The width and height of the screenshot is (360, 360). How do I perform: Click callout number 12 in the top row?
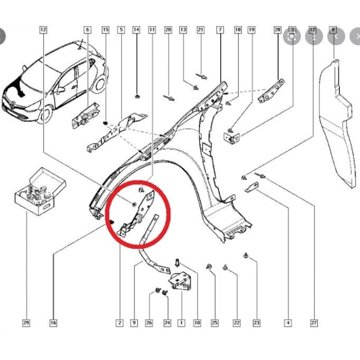click(43, 30)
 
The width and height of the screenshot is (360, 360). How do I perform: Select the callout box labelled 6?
click(87, 30)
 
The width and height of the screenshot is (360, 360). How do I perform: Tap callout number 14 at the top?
click(136, 30)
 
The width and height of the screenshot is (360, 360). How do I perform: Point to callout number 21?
click(201, 30)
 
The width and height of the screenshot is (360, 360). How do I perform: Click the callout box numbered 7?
click(220, 30)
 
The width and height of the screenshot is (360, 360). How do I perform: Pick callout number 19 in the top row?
click(251, 30)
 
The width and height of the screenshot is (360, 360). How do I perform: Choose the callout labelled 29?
click(26, 323)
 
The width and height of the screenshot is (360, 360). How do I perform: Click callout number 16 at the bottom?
click(53, 323)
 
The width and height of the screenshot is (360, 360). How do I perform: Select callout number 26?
click(149, 323)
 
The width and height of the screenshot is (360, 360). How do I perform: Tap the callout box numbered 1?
click(181, 323)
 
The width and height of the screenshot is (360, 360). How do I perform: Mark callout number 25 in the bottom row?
click(214, 323)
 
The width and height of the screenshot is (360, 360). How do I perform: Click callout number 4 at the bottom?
click(287, 323)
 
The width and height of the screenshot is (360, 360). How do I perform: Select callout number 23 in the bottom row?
click(256, 323)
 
